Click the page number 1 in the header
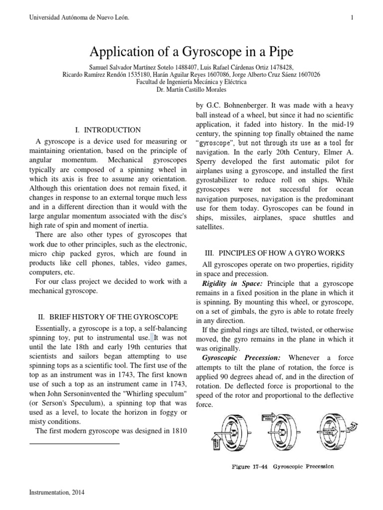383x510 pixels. pyautogui.click(x=352, y=18)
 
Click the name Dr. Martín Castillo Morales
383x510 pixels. pyautogui.click(x=191, y=90)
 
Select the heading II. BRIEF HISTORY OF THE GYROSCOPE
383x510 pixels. pyautogui.click(x=108, y=317)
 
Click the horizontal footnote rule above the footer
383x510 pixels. pyautogui.click(x=75, y=443)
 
